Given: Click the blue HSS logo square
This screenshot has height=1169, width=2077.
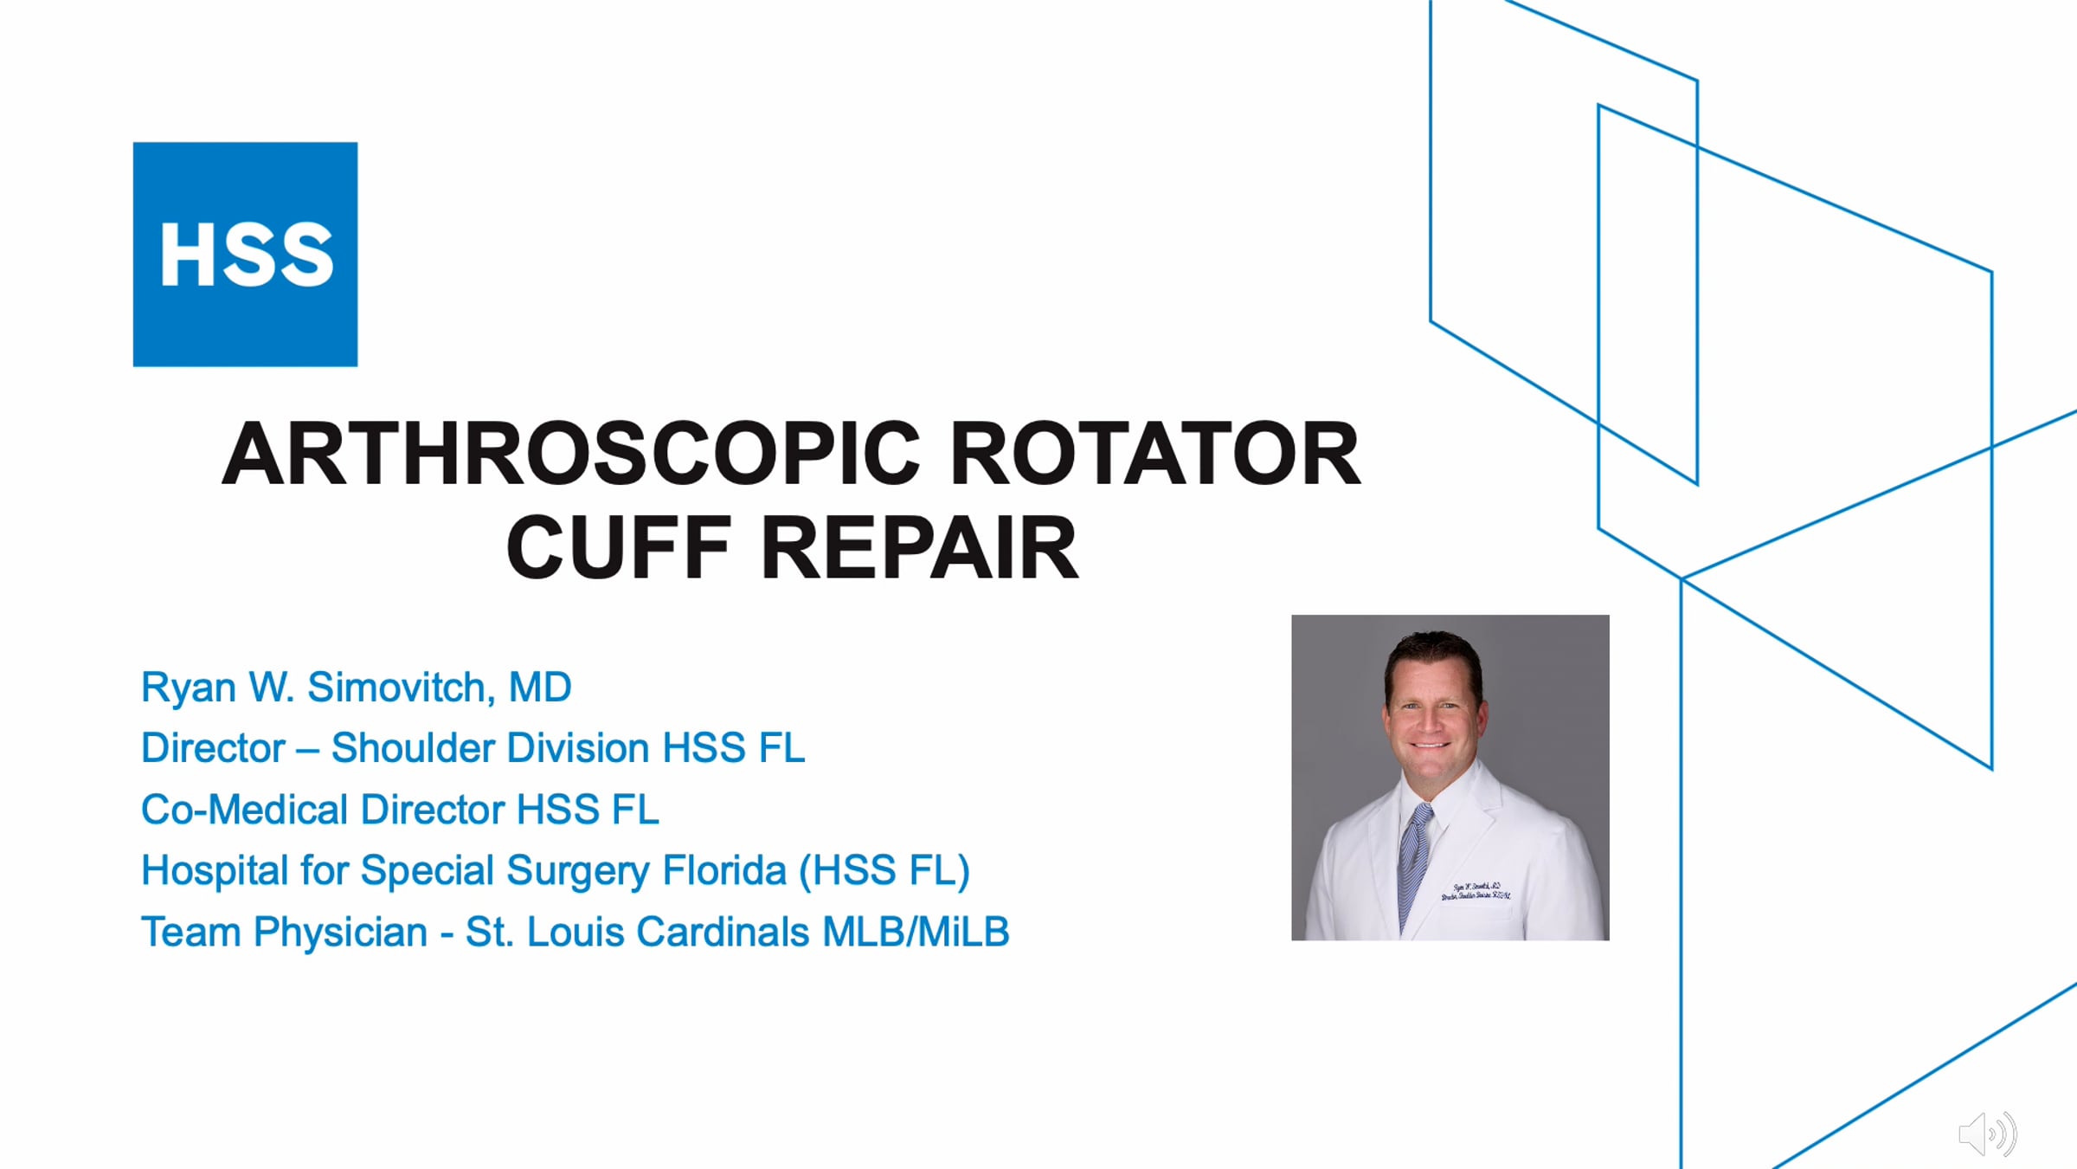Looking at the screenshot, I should click(x=245, y=255).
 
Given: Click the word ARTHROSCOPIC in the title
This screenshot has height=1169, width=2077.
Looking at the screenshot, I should click(x=571, y=455).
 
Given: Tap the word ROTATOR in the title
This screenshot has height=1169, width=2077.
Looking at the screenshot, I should click(x=1155, y=455).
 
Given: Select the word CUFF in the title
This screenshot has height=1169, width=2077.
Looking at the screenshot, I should click(x=619, y=548).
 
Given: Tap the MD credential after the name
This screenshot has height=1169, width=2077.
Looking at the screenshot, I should click(x=540, y=688).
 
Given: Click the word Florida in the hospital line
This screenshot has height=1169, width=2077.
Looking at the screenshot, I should click(x=724, y=870).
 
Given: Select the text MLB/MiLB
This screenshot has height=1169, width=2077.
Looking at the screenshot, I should click(x=916, y=933).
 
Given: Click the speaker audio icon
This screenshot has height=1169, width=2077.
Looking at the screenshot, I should click(x=1987, y=1133).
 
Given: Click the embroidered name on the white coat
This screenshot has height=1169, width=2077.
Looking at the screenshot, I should click(x=1476, y=891).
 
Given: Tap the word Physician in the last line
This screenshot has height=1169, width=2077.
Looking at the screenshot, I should click(x=341, y=933).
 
